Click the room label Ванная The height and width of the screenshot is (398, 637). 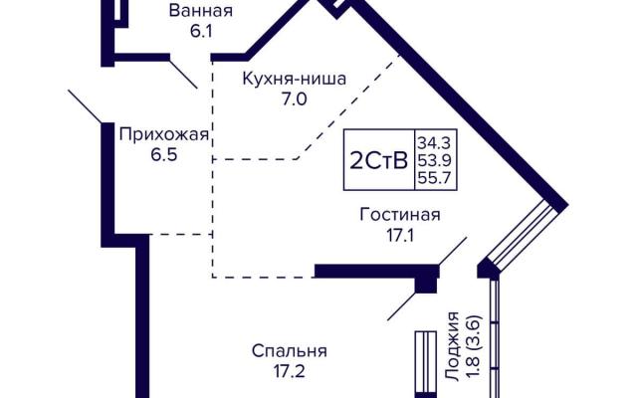(x=201, y=11)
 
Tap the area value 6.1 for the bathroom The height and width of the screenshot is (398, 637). (x=201, y=31)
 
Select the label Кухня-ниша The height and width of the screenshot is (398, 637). (x=295, y=79)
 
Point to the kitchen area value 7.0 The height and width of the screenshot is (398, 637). (x=295, y=99)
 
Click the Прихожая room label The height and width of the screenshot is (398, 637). (x=163, y=134)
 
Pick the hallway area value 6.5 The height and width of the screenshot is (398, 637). (x=164, y=155)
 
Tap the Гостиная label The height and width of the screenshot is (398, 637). (x=400, y=215)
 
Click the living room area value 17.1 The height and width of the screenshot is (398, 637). (x=400, y=236)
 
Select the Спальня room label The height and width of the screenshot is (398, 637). (x=290, y=351)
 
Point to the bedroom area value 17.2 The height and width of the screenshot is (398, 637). (x=290, y=371)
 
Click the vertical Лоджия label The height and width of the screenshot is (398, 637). (x=452, y=346)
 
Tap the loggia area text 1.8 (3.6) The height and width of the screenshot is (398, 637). (x=474, y=347)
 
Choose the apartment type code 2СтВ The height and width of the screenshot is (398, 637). (x=378, y=161)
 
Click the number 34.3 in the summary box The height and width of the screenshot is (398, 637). (x=435, y=143)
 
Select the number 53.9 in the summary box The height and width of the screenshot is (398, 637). (x=435, y=161)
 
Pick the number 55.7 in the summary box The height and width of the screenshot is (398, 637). (x=435, y=178)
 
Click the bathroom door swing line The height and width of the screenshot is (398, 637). (x=183, y=75)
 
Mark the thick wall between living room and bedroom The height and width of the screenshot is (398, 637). (x=376, y=272)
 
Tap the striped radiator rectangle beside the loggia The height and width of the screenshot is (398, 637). (x=426, y=362)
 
